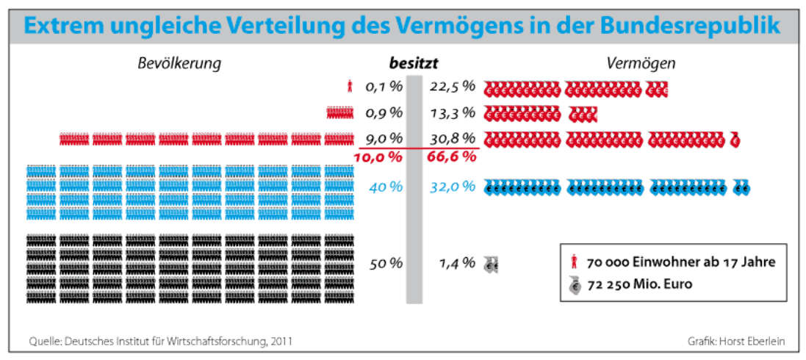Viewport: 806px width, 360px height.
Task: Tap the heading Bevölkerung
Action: pos(179,64)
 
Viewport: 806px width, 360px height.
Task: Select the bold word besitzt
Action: pos(418,64)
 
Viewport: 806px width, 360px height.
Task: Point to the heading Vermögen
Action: pos(641,64)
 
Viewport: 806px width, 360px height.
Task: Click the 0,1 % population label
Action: pos(385,87)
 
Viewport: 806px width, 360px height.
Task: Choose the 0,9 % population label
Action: pos(385,113)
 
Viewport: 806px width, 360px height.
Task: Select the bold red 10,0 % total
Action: pos(378,156)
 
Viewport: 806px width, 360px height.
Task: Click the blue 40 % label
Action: pos(386,187)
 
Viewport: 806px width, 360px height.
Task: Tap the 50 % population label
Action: pos(386,264)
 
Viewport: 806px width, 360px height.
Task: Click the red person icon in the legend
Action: pos(574,262)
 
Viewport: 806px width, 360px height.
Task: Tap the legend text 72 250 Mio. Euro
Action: pos(638,284)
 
